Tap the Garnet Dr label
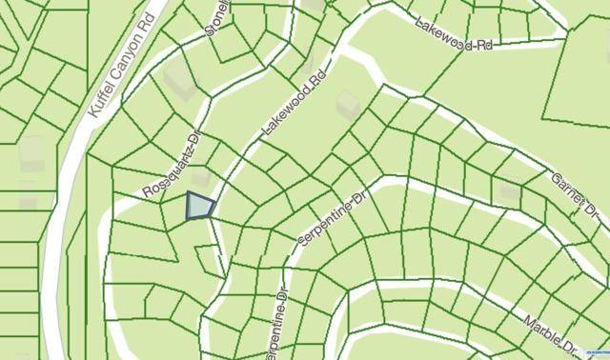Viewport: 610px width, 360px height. coord(577,193)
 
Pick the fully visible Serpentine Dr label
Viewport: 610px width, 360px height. coord(332,221)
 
